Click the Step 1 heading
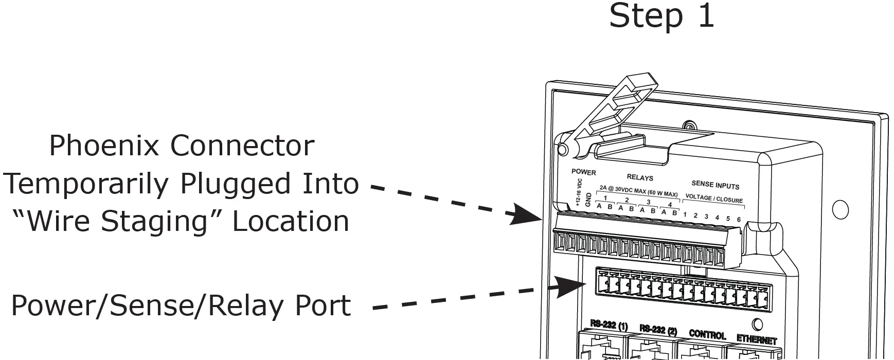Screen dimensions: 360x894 (x=661, y=16)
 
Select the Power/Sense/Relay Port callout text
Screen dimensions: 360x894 (x=181, y=305)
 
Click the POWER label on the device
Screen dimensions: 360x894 (x=583, y=172)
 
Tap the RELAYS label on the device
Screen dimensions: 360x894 (x=640, y=177)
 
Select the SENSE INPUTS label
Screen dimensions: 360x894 (x=715, y=185)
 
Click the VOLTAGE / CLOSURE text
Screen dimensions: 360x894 (x=714, y=199)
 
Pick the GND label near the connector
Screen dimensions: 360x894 (x=588, y=200)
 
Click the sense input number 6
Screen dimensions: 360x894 (x=739, y=220)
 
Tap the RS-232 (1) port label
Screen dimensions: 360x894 (x=609, y=326)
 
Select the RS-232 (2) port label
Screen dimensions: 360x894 (x=658, y=330)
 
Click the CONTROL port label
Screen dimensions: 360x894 (x=707, y=335)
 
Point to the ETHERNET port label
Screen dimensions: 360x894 (x=756, y=340)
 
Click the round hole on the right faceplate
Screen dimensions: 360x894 (x=840, y=209)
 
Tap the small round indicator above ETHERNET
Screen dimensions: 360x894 (x=757, y=325)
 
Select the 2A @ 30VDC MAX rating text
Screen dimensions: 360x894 (x=638, y=192)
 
